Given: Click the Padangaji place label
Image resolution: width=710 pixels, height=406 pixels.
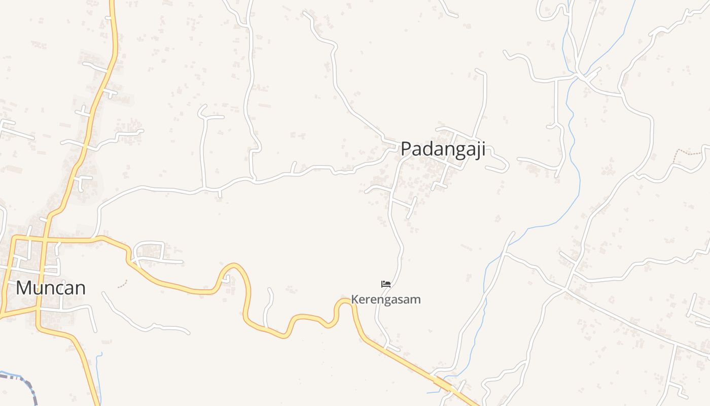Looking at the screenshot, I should [443, 149].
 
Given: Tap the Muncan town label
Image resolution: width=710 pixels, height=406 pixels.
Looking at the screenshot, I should [50, 288].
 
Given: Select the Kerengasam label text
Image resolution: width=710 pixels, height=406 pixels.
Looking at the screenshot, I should [386, 299].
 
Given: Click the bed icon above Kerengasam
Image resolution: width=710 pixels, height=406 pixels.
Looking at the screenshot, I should [386, 284].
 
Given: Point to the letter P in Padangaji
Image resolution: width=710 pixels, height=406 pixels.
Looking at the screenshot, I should [406, 149].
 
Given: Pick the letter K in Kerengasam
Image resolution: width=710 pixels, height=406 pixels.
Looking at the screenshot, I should [354, 299].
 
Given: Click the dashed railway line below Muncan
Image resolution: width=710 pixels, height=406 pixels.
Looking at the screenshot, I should [25, 383].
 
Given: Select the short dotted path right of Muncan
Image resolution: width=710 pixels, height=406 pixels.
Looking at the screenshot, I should [122, 285].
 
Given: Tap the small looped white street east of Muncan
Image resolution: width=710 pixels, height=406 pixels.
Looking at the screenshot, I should [150, 250].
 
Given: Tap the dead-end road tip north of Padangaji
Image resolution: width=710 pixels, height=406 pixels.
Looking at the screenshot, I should [477, 71].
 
